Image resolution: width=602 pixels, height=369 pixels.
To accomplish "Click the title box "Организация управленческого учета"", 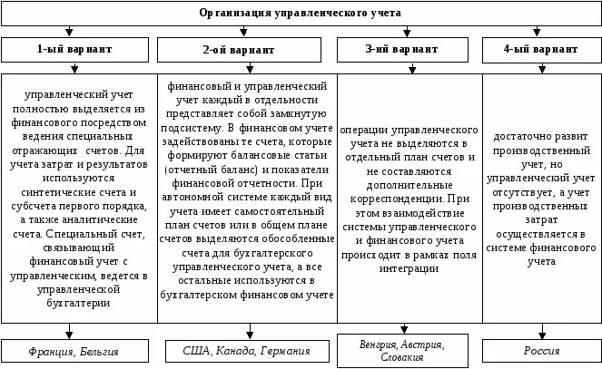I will point(300,13).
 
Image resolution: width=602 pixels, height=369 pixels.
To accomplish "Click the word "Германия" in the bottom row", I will point(282,350).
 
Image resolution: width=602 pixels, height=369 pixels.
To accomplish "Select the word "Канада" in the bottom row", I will point(230,350).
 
